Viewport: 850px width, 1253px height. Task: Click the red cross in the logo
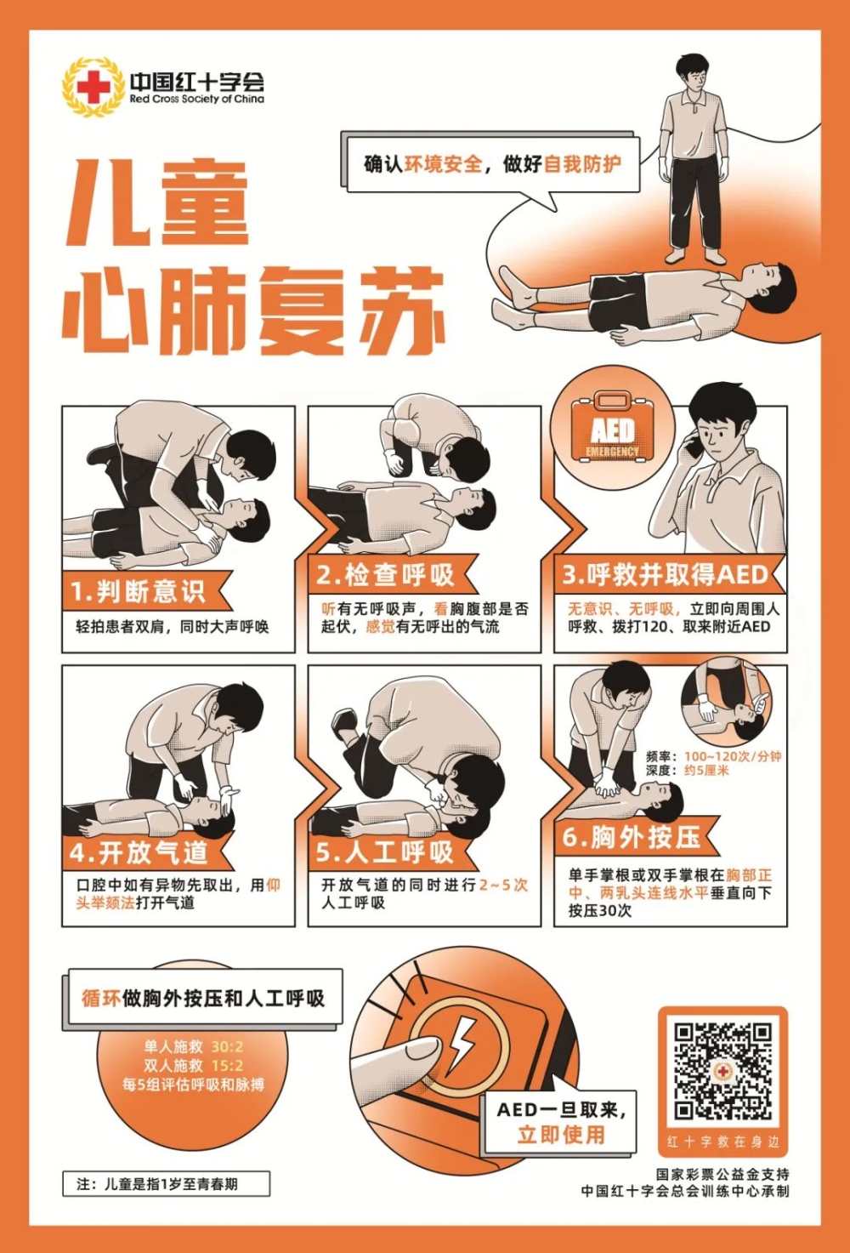pyautogui.click(x=93, y=87)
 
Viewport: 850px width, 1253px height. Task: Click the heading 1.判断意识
pyautogui.click(x=138, y=592)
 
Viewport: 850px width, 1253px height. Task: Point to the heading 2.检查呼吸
pyautogui.click(x=385, y=574)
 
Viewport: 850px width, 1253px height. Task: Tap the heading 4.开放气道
pyautogui.click(x=138, y=852)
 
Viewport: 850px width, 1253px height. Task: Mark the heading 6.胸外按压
pyautogui.click(x=631, y=837)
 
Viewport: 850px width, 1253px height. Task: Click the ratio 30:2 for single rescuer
pyautogui.click(x=227, y=1047)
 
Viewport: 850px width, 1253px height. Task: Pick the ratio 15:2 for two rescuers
pyautogui.click(x=227, y=1065)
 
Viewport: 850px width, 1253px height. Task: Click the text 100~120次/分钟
pyautogui.click(x=733, y=757)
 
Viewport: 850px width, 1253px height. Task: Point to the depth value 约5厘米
pyautogui.click(x=707, y=771)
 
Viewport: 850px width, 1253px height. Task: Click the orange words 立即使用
pyautogui.click(x=560, y=1135)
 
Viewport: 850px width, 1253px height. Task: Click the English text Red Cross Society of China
pyautogui.click(x=196, y=99)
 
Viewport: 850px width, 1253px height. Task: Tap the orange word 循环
pyautogui.click(x=101, y=999)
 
